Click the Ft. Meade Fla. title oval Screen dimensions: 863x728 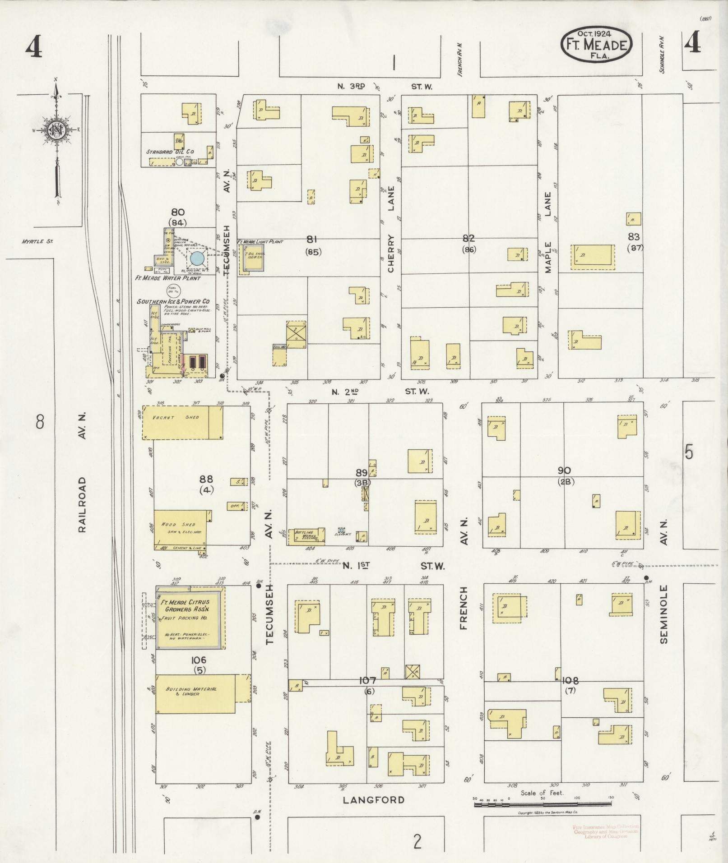(x=596, y=44)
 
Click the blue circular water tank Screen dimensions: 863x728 (x=197, y=258)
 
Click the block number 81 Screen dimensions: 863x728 (x=311, y=240)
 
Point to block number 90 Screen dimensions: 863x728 (x=564, y=471)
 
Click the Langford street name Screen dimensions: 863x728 (x=374, y=800)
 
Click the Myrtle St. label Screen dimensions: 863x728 (x=37, y=241)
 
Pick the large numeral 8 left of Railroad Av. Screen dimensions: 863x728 (x=40, y=422)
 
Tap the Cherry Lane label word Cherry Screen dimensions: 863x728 (x=390, y=254)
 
